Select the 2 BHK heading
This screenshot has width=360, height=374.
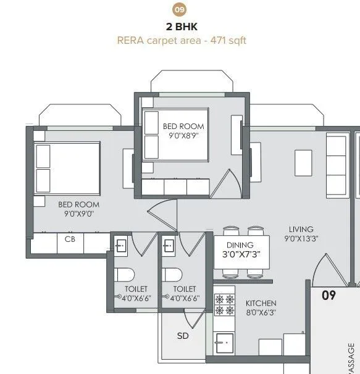[x=180, y=27]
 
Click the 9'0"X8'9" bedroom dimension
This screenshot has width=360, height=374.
[x=183, y=135]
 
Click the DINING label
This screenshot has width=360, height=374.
[x=236, y=244]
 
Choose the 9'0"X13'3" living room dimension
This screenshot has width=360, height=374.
[x=301, y=238]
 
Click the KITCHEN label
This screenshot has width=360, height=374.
[x=261, y=304]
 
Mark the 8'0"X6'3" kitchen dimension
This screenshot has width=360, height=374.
[x=261, y=313]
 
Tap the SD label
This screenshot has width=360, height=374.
[x=183, y=336]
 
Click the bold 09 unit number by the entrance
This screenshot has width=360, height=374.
[x=329, y=295]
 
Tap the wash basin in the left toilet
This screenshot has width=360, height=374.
[x=121, y=245]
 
